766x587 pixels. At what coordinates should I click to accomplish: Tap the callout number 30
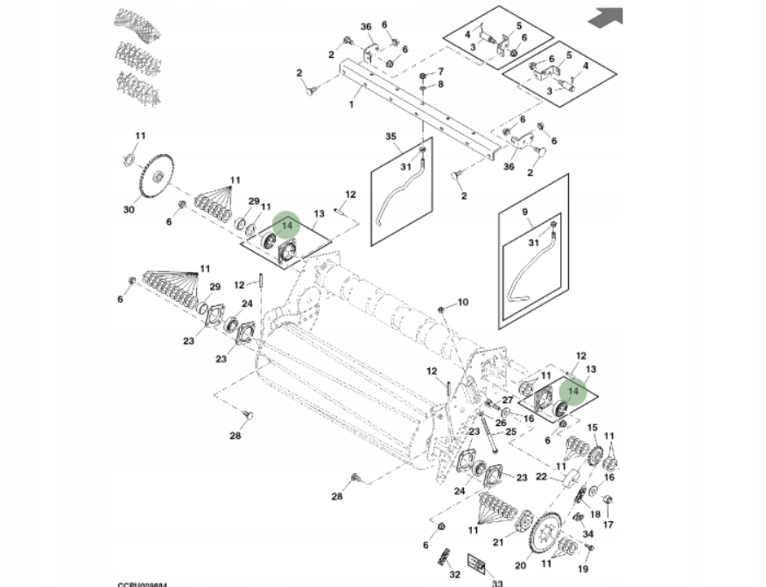pos(129,209)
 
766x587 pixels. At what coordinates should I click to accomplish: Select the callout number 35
pos(391,136)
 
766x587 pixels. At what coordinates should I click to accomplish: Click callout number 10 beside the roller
pos(462,303)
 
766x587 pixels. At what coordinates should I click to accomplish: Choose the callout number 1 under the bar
pos(352,104)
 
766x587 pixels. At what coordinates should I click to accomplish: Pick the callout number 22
pos(541,477)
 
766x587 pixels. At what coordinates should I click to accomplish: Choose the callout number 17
pos(608,525)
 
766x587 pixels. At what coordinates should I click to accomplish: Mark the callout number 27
pos(507,400)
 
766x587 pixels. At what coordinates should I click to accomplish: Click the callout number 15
pos(591,427)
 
